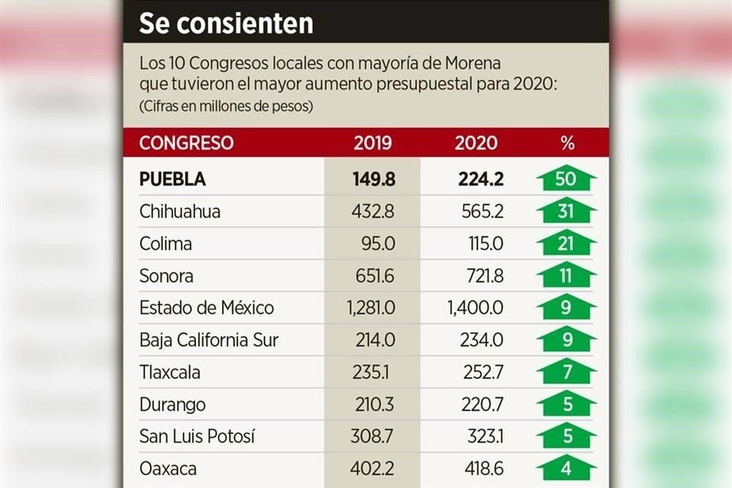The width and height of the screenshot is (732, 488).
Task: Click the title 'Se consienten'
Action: [226, 23]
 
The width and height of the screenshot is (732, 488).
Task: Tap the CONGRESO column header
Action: [186, 143]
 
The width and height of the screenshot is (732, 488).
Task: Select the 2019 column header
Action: [373, 143]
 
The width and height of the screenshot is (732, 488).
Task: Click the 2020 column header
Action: [476, 143]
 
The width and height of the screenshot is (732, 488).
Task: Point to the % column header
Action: [567, 143]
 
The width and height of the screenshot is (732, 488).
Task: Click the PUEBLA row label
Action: [172, 179]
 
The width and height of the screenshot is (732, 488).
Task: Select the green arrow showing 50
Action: [566, 179]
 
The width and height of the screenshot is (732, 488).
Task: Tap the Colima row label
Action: [165, 244]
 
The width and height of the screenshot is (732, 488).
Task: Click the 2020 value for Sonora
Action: [483, 276]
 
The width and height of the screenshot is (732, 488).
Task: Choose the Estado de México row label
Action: [207, 308]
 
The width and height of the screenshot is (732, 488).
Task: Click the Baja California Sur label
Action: [208, 340]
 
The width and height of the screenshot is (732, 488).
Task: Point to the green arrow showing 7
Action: [566, 372]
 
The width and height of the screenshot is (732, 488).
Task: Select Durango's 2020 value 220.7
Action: [483, 404]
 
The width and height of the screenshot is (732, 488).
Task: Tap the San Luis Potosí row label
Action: [197, 437]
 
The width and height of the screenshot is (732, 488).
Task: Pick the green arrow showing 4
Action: [566, 467]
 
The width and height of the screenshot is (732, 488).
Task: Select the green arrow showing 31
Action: [566, 211]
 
